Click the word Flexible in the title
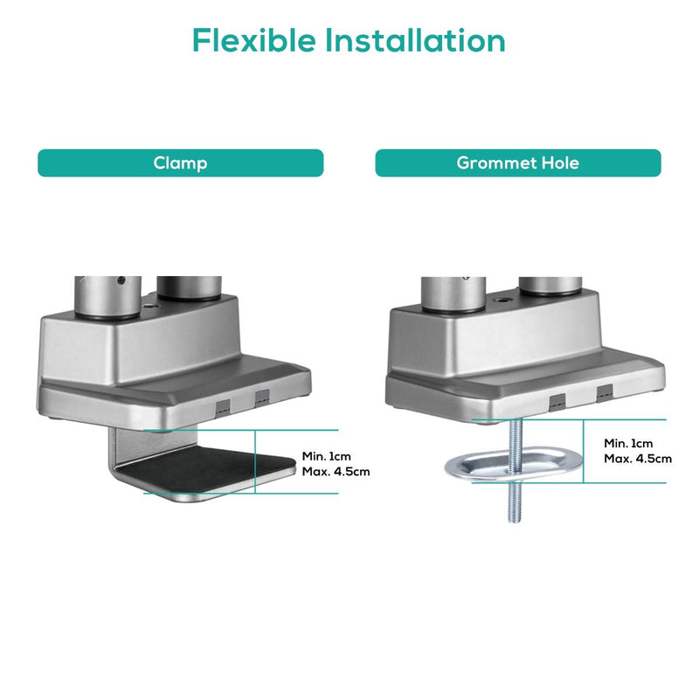(253, 40)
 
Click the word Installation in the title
(415, 40)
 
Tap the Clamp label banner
(181, 163)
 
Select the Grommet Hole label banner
(518, 163)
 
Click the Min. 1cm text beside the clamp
(326, 456)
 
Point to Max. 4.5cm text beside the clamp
(336, 471)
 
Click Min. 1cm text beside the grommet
(628, 443)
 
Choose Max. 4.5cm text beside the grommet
(638, 458)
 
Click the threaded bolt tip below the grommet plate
(515, 519)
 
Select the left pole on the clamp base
(107, 296)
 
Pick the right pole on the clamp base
(189, 287)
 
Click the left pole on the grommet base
(453, 294)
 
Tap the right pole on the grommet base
(550, 286)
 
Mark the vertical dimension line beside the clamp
(255, 462)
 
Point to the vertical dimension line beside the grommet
(583, 451)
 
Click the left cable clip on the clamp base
(223, 408)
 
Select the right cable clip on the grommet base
(605, 394)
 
